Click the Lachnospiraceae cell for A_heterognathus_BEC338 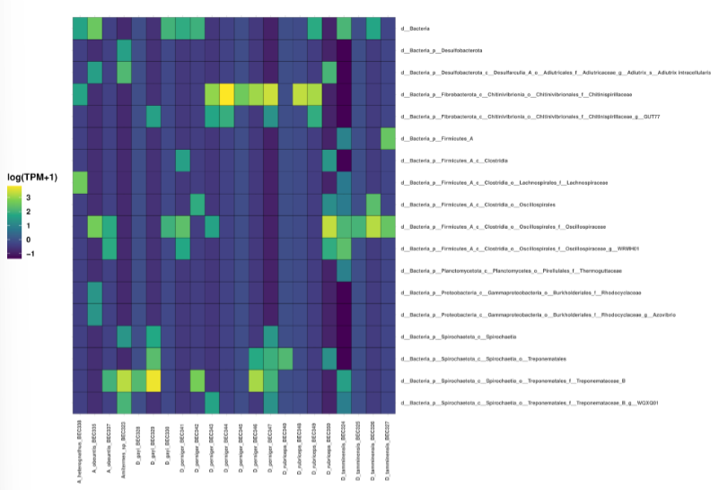(80, 182)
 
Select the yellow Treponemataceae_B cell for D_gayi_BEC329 (153, 381)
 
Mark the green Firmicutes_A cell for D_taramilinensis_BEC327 (388, 138)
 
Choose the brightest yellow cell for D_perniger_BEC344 (227, 94)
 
